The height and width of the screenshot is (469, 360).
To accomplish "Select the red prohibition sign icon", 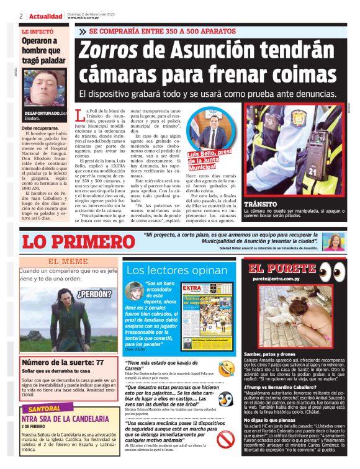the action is pyautogui.click(x=225, y=439).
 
